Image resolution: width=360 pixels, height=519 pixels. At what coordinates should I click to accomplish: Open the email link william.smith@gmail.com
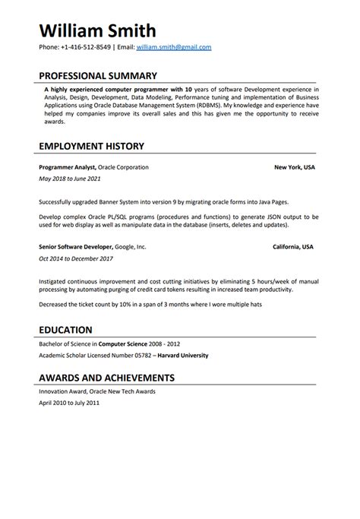tap(174, 47)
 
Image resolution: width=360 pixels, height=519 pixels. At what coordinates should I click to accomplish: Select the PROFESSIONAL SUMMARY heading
tap(97, 76)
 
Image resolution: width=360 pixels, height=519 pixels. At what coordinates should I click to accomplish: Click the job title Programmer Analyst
tap(64, 166)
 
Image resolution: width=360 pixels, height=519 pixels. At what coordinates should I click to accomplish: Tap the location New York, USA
tap(295, 166)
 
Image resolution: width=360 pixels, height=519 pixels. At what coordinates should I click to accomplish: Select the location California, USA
tap(294, 247)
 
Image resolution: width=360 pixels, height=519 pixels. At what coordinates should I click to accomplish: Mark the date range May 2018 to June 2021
tap(68, 179)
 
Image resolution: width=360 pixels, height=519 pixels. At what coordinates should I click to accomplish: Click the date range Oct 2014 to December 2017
tap(74, 260)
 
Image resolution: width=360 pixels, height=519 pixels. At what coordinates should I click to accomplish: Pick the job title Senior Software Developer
tap(75, 247)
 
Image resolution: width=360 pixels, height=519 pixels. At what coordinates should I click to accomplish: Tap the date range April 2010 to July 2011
tap(68, 403)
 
